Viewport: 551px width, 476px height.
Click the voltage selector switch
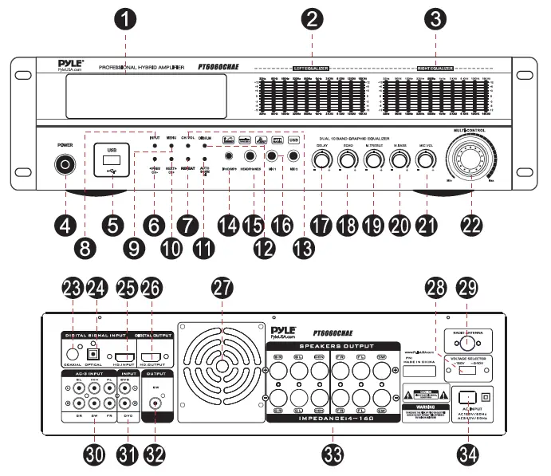tap(474, 369)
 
